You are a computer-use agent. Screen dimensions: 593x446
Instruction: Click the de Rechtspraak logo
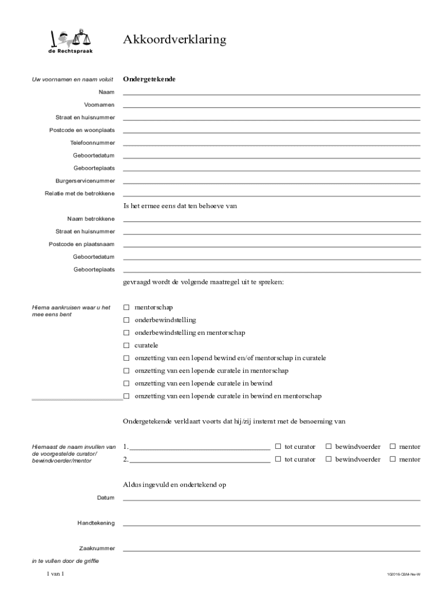70,41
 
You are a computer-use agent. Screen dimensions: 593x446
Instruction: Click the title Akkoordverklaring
174,40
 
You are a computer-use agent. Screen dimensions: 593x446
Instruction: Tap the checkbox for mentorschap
126,308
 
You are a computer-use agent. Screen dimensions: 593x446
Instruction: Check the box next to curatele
126,346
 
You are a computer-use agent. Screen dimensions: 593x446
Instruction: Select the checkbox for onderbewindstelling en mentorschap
126,333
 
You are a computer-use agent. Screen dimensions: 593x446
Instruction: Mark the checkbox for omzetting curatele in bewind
126,384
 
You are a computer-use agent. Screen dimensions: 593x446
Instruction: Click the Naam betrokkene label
91,219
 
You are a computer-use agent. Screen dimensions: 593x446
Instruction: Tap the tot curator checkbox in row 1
278,446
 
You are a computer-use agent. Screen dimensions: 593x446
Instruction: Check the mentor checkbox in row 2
392,459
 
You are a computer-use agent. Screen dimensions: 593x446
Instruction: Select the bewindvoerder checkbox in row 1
328,446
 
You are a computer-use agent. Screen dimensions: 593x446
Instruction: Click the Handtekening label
96,524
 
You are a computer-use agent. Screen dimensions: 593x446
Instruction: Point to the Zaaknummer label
97,548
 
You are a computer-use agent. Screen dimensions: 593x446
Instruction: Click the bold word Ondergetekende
149,79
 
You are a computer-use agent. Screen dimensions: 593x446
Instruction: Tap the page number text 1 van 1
55,574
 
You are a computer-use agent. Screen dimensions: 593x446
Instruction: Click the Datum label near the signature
106,498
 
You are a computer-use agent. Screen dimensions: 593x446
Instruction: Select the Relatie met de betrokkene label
80,193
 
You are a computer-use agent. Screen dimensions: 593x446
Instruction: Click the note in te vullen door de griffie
65,561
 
